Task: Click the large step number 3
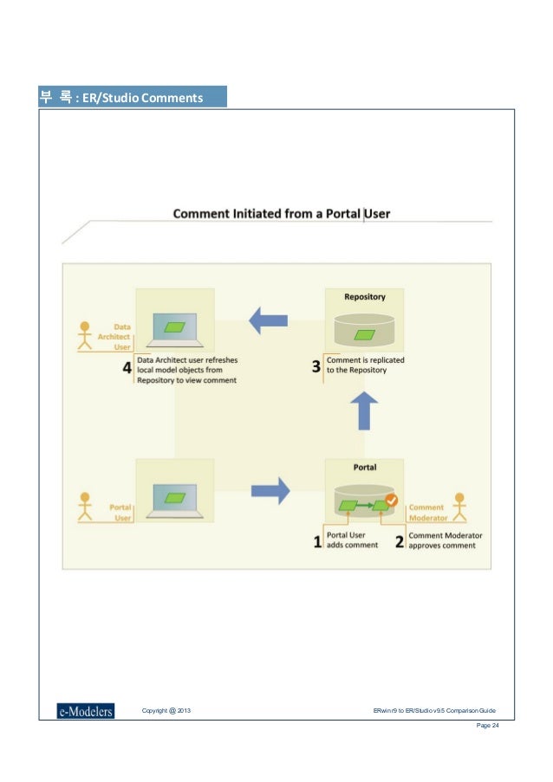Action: pos(316,366)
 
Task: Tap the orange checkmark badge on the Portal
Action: pos(391,501)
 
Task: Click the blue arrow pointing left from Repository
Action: pos(269,320)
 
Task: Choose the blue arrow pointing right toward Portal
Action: pos(270,491)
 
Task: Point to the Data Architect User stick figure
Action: pos(84,336)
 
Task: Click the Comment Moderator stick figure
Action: pos(459,507)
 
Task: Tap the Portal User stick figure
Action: pos(84,507)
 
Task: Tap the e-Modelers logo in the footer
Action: pos(85,711)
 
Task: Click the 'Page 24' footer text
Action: pos(488,726)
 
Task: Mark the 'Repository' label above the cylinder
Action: pos(364,297)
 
